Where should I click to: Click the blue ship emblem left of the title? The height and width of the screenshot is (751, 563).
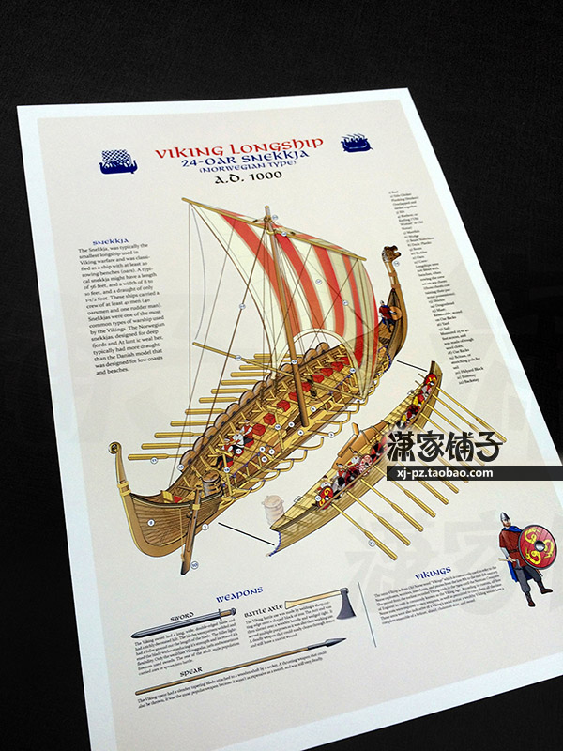pos(121,162)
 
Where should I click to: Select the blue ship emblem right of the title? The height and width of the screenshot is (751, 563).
pos(357,143)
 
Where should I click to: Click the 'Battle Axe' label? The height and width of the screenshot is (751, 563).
pos(266,611)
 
